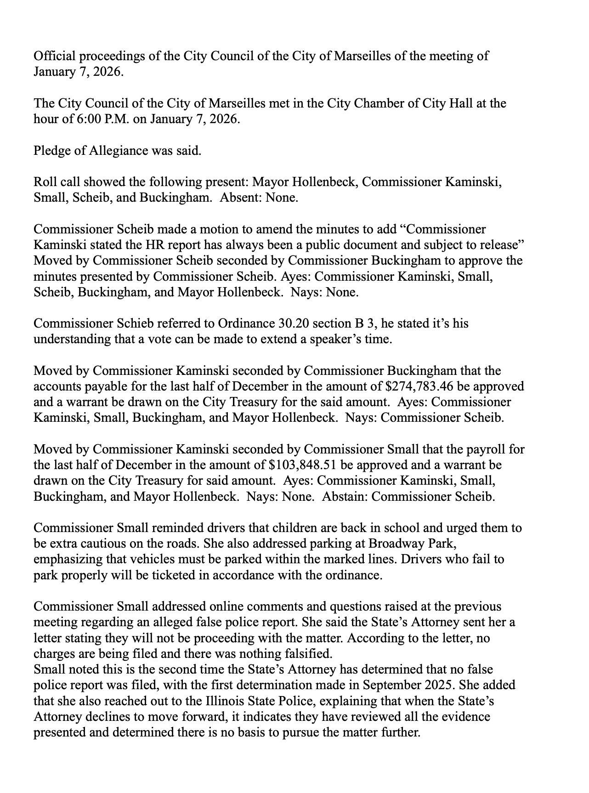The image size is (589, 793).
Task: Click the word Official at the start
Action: coord(51,57)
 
